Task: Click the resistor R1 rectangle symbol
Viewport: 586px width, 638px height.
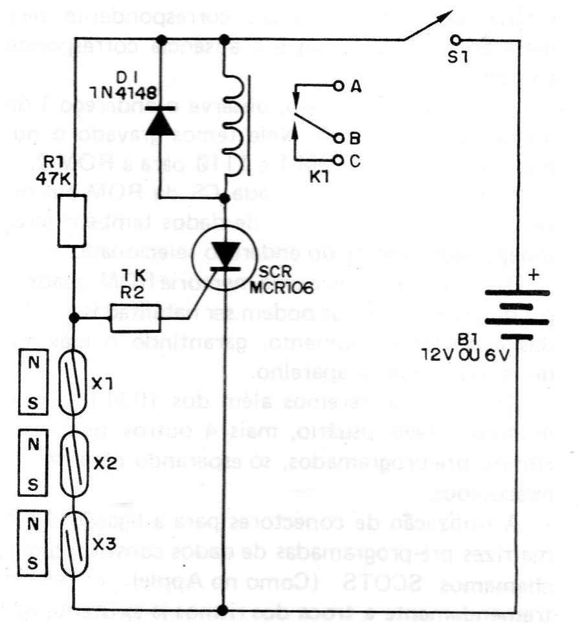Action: [73, 222]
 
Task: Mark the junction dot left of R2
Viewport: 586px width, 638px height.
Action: [75, 317]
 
